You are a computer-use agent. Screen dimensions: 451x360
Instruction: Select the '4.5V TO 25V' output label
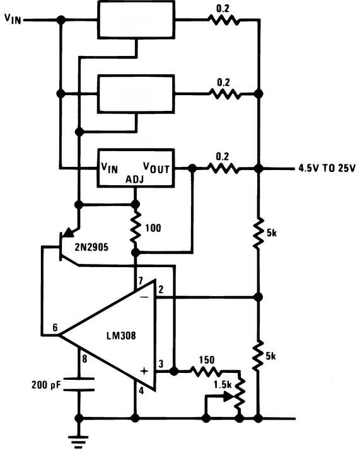(326, 169)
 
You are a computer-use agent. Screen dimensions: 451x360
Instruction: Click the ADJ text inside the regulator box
(135, 180)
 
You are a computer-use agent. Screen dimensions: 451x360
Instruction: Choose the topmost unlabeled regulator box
(136, 19)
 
